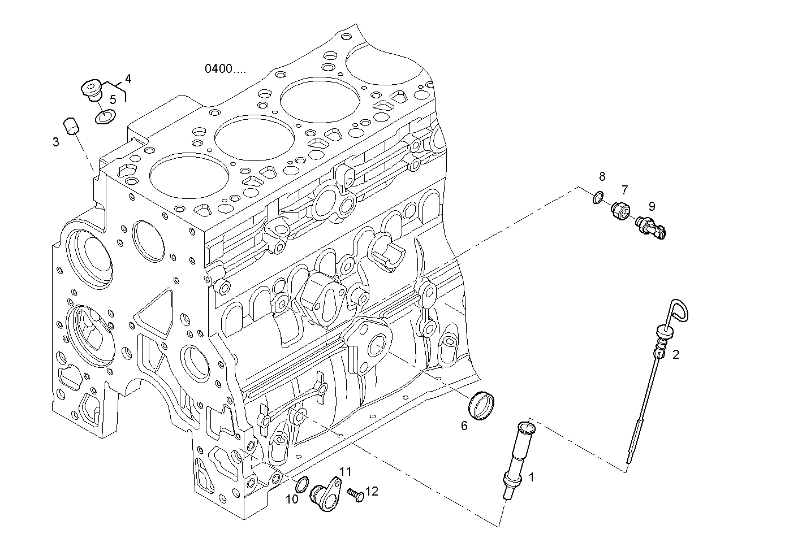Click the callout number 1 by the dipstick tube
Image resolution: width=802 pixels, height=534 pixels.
531,477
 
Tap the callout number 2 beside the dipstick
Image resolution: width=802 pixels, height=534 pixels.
675,355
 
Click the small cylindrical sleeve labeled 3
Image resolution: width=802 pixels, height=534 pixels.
71,126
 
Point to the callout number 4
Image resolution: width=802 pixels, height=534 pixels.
128,79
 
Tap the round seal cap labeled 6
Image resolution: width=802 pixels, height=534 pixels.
482,405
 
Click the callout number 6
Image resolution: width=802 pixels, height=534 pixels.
464,426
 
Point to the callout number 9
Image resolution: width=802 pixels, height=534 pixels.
652,206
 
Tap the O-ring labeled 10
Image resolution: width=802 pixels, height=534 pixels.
303,484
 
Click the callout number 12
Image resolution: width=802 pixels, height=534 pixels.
372,491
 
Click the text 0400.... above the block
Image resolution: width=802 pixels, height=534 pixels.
225,69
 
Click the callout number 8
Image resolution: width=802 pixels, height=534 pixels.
602,176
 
